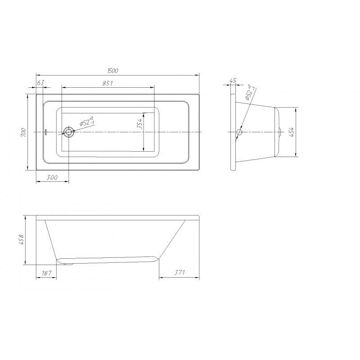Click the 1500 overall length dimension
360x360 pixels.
[x=113, y=71]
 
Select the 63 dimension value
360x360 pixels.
[x=40, y=82]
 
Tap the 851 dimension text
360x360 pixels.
[x=107, y=83]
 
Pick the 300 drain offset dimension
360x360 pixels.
[x=52, y=178]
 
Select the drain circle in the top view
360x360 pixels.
[x=69, y=132]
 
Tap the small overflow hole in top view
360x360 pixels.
[x=45, y=132]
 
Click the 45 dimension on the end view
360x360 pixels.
[x=233, y=81]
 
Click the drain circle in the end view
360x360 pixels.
[x=239, y=132]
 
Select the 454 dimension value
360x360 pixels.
[x=292, y=132]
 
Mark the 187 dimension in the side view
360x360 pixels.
[x=46, y=273]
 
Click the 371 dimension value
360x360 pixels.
[x=179, y=273]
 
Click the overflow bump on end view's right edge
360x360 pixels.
[x=280, y=132]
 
